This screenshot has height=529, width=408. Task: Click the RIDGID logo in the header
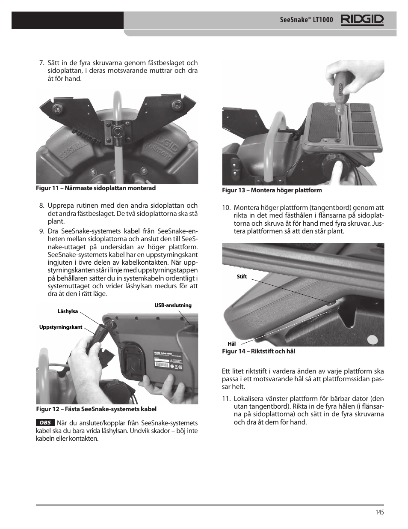pos(362,20)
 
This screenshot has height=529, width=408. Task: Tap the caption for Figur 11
pos(96,188)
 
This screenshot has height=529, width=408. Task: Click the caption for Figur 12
pos(96,409)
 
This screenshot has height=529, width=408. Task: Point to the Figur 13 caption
pos(272,190)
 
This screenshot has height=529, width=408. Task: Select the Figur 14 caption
pos(258,351)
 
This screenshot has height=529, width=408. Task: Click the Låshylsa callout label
pos(68,311)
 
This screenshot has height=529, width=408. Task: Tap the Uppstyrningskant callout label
pos(61,327)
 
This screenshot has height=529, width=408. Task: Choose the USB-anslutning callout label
pos(173,305)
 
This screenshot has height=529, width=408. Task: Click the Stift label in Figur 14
pos(242,277)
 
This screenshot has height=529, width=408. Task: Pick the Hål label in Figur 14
pos(231,344)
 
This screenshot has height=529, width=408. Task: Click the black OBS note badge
pos(45,423)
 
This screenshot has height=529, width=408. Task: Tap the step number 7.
pos(41,63)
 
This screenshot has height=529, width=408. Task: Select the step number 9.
pos(41,231)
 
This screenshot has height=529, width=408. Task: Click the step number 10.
pos(226,208)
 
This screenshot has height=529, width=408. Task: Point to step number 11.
pos(226,398)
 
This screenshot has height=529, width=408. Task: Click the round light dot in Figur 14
pos(373,341)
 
